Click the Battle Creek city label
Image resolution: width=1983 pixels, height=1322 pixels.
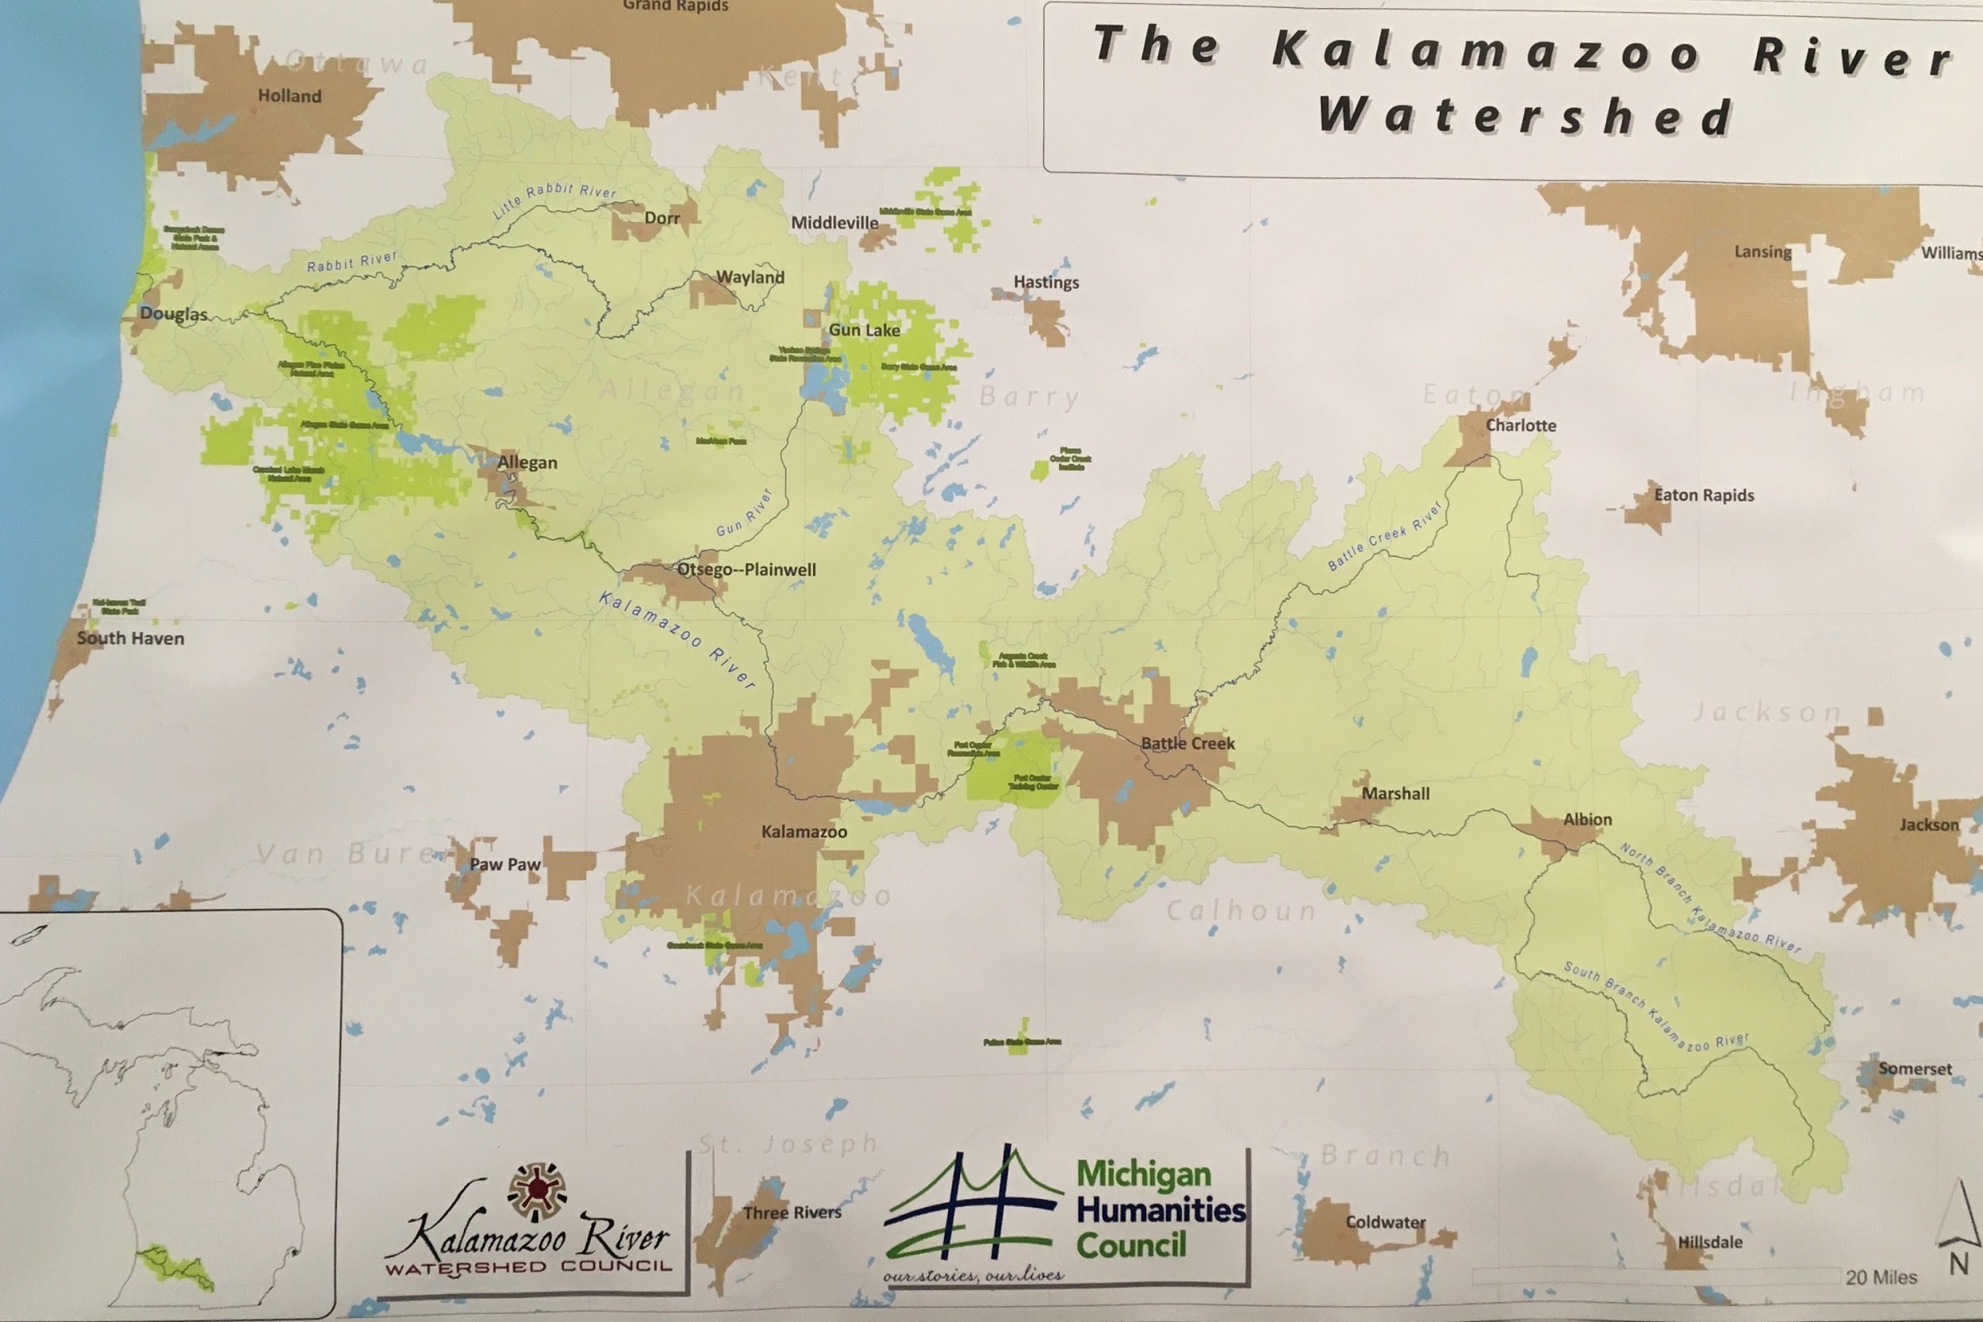(1187, 744)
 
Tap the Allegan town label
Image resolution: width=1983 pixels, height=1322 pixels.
(527, 462)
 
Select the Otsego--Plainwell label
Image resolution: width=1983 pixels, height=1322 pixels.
(746, 570)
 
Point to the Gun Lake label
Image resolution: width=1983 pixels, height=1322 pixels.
(864, 330)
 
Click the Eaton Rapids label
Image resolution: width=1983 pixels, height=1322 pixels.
(1703, 495)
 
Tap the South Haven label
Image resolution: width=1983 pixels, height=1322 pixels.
(130, 638)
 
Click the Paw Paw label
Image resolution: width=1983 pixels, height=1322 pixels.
(504, 864)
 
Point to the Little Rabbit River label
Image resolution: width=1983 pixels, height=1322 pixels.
(554, 200)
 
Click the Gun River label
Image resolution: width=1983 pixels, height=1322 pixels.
(745, 513)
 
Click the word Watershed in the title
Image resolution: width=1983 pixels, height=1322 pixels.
(1525, 117)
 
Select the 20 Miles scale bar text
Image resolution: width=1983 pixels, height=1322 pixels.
(1881, 1278)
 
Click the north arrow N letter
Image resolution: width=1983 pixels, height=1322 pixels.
(1958, 1264)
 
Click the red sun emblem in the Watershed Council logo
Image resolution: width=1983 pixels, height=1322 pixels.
(537, 1191)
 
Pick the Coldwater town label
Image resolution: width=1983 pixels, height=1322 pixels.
(1385, 1221)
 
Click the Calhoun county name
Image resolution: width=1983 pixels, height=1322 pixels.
(1241, 910)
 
